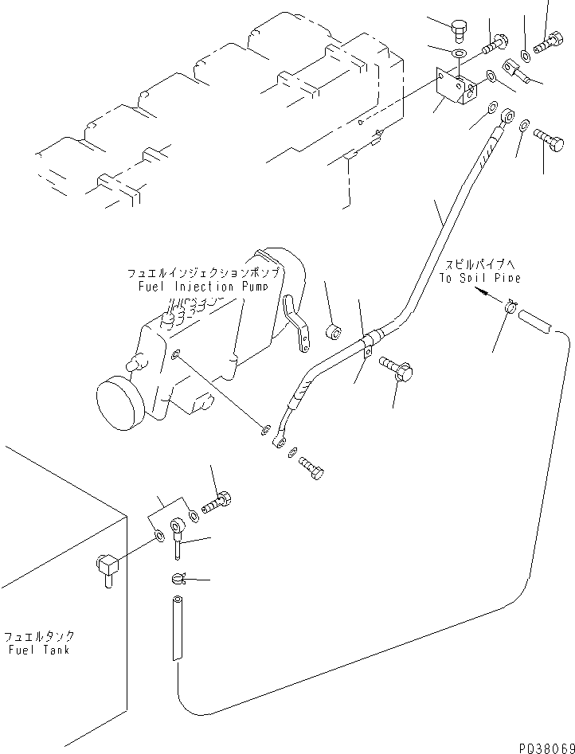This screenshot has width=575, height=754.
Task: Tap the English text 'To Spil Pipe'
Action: click(479, 278)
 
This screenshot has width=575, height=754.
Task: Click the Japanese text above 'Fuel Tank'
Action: click(39, 636)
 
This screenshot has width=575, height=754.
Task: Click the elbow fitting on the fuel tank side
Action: click(104, 568)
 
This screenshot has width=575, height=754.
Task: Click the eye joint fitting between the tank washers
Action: click(176, 531)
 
